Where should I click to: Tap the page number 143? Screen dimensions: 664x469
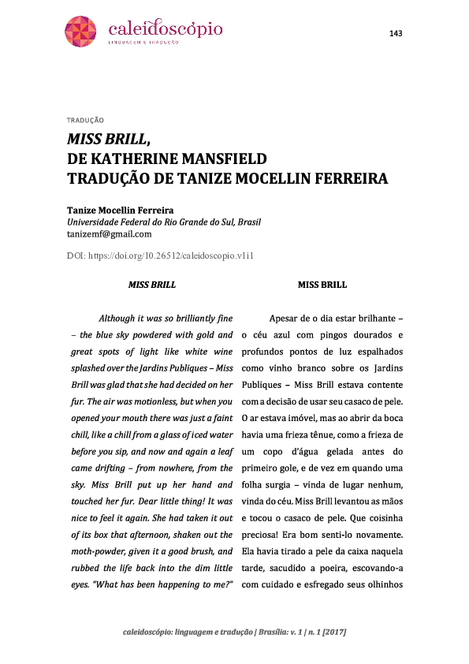pos(396,32)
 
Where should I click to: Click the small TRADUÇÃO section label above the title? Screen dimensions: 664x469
pos(86,121)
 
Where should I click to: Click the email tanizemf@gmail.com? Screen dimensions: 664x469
pos(109,233)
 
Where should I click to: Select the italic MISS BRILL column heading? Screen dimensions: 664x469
pos(151,285)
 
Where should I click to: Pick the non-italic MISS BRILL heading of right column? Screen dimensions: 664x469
pos(322,285)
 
